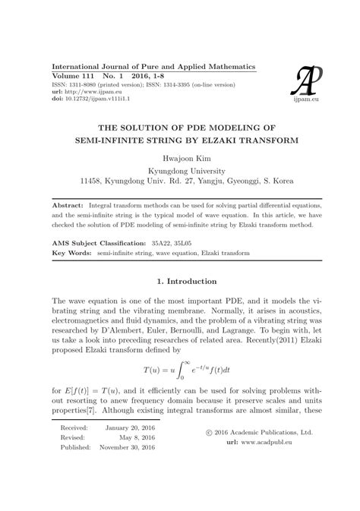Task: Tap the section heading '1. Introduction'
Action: point(179,282)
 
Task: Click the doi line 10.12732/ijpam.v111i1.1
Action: point(89,99)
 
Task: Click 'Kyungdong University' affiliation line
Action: point(179,171)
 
